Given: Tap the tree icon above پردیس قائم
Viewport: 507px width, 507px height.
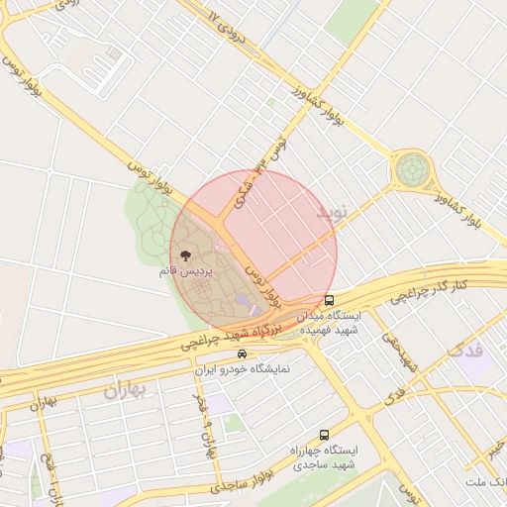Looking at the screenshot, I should point(187,257).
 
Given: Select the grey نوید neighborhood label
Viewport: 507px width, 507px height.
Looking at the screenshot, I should point(333,214).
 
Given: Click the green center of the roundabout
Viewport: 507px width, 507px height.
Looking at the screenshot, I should point(411,169).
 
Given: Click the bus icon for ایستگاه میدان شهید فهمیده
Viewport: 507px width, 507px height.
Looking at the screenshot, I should point(329,300).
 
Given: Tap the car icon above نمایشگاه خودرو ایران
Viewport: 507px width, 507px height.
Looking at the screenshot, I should point(242,354).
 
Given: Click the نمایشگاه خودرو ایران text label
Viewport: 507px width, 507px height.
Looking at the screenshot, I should point(242,369).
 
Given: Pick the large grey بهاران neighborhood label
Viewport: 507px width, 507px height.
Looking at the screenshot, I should point(125,389).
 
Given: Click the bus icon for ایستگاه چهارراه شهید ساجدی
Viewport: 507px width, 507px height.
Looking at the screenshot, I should point(324,435).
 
